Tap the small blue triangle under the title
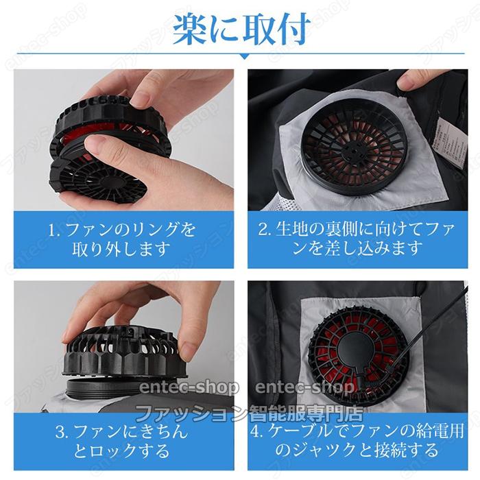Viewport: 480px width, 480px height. pos(244,56)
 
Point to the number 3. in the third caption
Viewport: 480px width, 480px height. pos(62,432)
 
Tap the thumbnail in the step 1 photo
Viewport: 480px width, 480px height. pos(97,143)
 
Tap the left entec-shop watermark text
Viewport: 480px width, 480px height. pos(189,388)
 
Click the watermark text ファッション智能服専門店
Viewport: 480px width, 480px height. pos(249,413)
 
